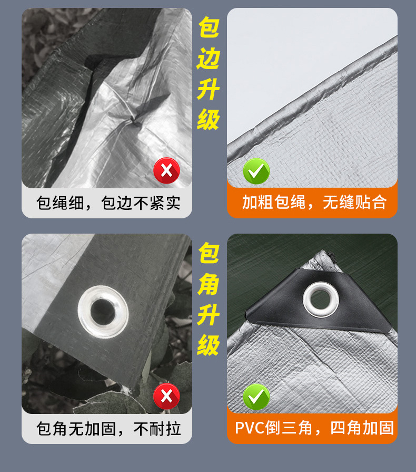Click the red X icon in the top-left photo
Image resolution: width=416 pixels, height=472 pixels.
[x=166, y=170]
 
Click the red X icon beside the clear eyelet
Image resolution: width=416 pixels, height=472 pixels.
[x=166, y=397]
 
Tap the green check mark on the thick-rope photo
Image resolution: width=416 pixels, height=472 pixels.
[x=256, y=170]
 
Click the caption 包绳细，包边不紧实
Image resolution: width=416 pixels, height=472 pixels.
[x=107, y=203]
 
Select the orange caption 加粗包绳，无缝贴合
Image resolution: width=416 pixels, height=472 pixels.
[x=313, y=202]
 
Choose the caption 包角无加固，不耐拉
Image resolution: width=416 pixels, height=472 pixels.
[x=107, y=429]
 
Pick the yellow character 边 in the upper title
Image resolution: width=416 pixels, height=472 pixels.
[x=208, y=60]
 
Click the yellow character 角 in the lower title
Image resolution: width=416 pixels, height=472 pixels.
[x=208, y=285]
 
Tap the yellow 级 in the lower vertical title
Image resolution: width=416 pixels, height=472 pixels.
[x=208, y=345]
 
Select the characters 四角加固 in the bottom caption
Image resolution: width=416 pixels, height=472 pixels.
[x=362, y=428]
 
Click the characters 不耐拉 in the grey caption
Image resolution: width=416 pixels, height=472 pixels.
[x=157, y=429]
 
